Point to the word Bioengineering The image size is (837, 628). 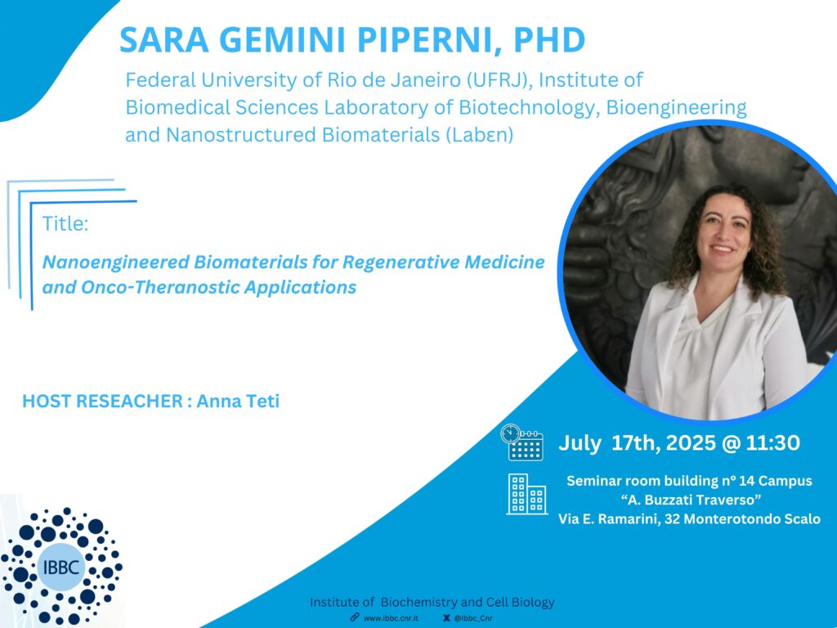point(676,108)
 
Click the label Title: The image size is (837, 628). point(65,223)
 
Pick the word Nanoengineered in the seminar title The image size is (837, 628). point(116,262)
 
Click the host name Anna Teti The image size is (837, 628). point(238,401)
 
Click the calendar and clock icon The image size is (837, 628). point(522,442)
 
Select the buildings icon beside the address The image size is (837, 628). point(527,494)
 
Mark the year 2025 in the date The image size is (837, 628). point(692,442)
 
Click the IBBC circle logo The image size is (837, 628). point(61,566)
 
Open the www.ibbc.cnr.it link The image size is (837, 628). point(390,618)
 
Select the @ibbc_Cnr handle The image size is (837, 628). point(473,618)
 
